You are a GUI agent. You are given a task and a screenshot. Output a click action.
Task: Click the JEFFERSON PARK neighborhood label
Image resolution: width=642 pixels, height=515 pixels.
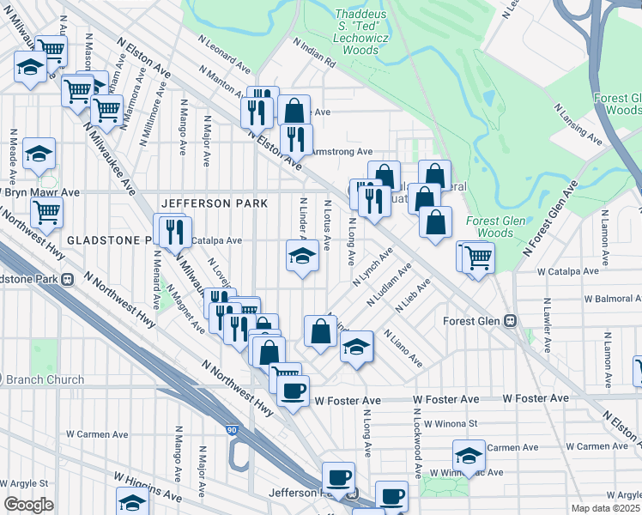click(215, 203)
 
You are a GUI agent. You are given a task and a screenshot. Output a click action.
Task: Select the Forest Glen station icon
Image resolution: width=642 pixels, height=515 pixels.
click(510, 321)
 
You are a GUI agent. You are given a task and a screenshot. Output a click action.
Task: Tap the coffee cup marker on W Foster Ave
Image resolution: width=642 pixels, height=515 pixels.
click(292, 391)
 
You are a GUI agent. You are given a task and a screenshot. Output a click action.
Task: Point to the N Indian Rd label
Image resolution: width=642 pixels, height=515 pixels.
click(313, 52)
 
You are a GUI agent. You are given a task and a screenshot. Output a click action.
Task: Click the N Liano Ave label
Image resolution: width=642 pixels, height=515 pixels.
click(403, 348)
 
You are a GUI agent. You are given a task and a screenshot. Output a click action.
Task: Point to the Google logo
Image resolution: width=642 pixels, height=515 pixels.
click(27, 504)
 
